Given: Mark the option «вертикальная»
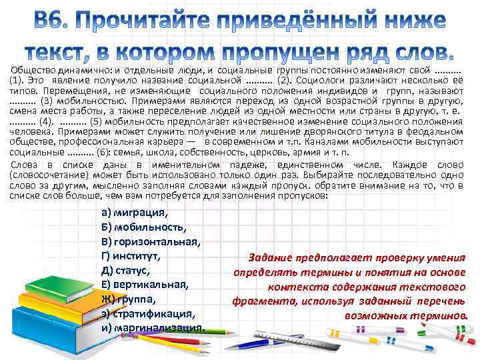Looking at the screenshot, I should [147, 285].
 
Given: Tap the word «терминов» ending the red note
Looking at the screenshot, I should [439, 315].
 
